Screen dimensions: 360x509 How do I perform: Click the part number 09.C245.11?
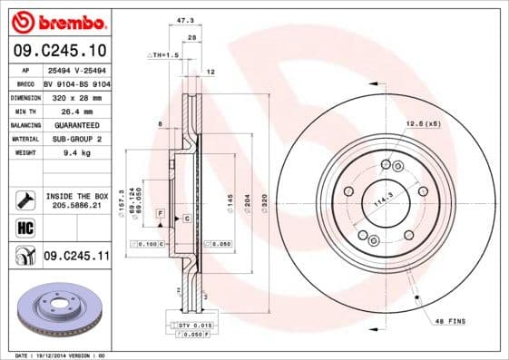76,258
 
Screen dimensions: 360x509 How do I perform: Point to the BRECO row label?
25,83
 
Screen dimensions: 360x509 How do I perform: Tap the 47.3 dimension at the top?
187,19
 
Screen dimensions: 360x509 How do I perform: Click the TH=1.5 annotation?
164,55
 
